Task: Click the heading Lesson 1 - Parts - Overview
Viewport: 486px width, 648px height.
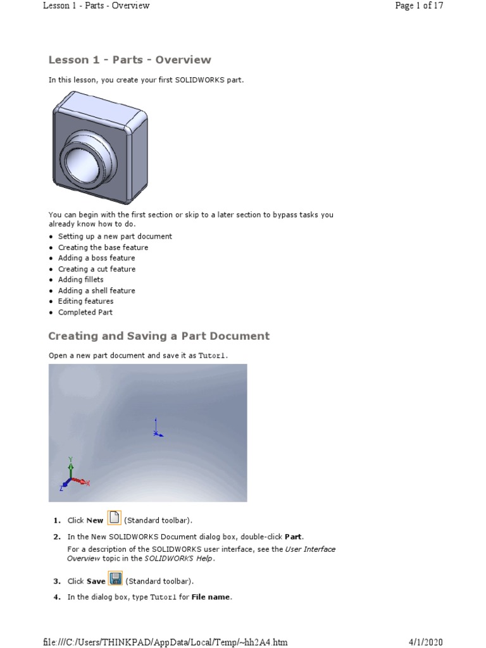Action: (x=130, y=60)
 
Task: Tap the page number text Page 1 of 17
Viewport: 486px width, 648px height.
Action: (x=418, y=6)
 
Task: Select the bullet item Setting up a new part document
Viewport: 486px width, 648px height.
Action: (x=115, y=236)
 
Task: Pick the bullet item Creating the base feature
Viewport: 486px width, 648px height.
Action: (x=103, y=247)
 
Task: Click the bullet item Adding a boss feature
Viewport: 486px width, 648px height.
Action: (x=96, y=258)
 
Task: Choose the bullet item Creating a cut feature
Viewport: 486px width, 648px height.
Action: (x=97, y=269)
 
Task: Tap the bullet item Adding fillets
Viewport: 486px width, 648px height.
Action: (x=81, y=280)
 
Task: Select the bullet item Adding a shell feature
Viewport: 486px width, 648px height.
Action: (x=97, y=290)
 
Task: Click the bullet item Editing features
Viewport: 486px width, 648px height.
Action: (x=86, y=301)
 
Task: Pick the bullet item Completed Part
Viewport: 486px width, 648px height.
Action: (x=85, y=313)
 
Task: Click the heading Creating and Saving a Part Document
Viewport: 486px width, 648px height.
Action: (x=159, y=336)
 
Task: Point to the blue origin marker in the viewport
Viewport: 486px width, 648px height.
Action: (x=156, y=432)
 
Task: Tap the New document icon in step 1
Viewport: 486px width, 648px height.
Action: (x=115, y=518)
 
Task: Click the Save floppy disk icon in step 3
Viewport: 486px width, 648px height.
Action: (x=116, y=579)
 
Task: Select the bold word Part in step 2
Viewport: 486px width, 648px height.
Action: (x=294, y=537)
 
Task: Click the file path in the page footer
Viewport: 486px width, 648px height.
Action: (x=165, y=642)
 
